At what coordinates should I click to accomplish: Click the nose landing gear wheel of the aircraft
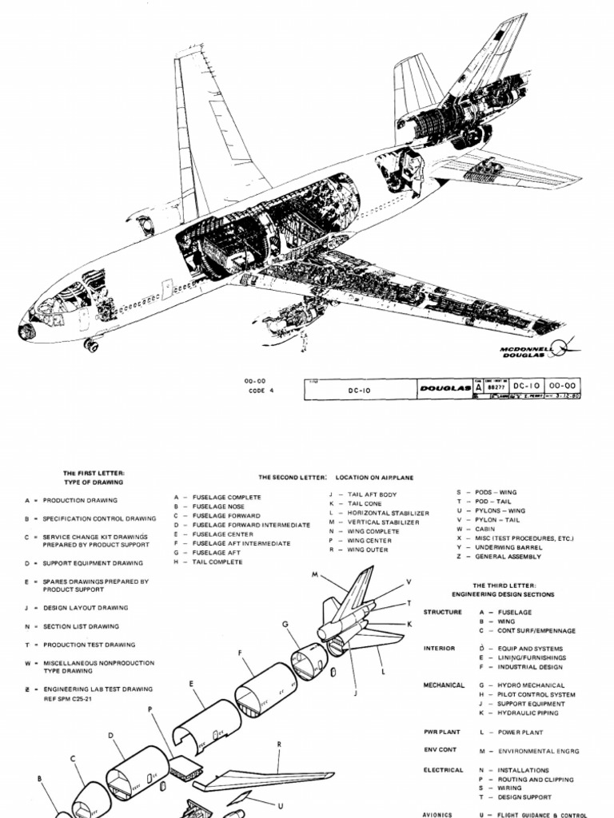point(91,345)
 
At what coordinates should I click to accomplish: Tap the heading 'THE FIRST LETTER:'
point(94,473)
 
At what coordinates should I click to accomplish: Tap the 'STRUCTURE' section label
point(443,612)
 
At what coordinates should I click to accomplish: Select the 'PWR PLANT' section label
point(443,732)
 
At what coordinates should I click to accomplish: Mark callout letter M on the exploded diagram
point(315,574)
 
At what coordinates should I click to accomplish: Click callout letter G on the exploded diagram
point(284,624)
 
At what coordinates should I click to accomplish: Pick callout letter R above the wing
point(279,745)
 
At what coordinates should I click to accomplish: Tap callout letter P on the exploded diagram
point(150,709)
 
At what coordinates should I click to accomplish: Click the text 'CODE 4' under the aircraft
point(261,391)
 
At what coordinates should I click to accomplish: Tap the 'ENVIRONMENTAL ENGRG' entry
point(539,751)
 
